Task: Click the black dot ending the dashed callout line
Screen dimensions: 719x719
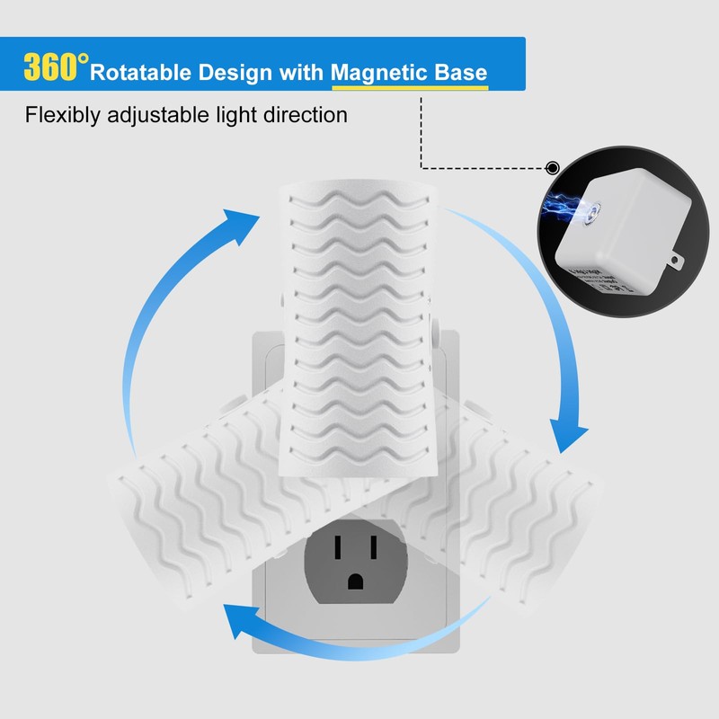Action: [x=553, y=167]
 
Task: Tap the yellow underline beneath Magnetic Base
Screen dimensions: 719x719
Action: [x=410, y=88]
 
